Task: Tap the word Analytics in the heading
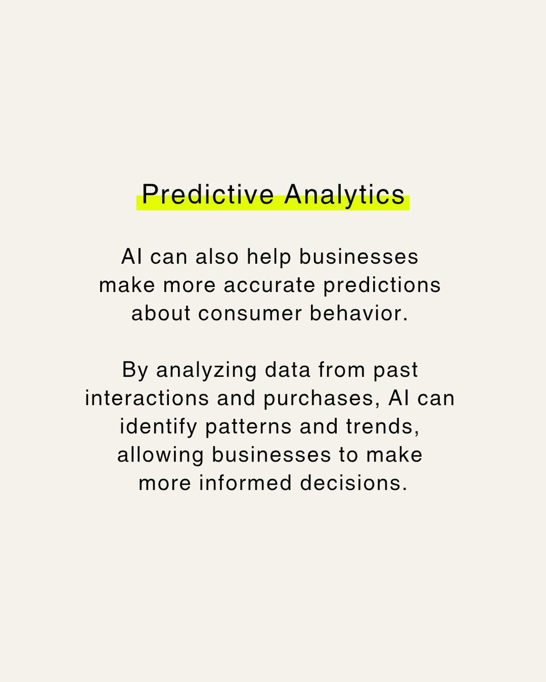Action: click(x=345, y=194)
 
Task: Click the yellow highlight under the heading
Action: click(x=273, y=206)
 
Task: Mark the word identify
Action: click(x=154, y=428)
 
